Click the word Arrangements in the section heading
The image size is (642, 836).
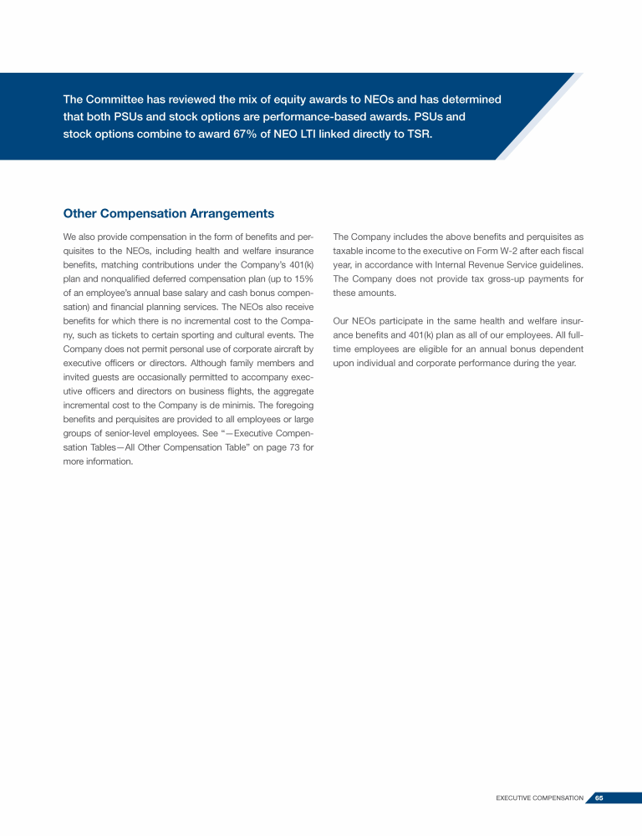pyautogui.click(x=223, y=214)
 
